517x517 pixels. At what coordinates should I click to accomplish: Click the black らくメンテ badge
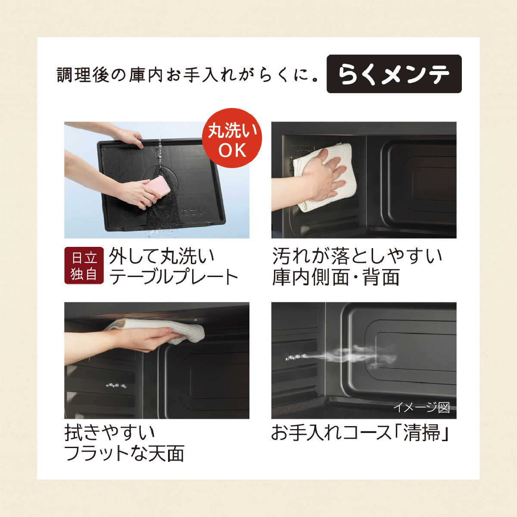point(394,74)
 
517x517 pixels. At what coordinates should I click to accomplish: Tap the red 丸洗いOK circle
point(232,138)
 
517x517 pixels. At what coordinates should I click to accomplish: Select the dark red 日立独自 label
point(84,265)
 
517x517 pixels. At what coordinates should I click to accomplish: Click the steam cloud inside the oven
point(354,356)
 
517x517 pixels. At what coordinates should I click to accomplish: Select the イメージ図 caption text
point(421,407)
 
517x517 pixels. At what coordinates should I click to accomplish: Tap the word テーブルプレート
point(174,277)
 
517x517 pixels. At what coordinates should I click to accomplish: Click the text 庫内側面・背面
point(336,277)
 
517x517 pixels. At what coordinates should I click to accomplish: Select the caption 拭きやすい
point(110,432)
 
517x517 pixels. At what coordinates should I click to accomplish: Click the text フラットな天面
point(124,453)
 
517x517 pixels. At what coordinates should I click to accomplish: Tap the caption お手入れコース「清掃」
point(360,432)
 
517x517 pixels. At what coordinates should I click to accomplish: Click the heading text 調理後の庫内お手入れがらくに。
point(187,75)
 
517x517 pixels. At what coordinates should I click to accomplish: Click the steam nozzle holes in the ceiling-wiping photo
point(116,386)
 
